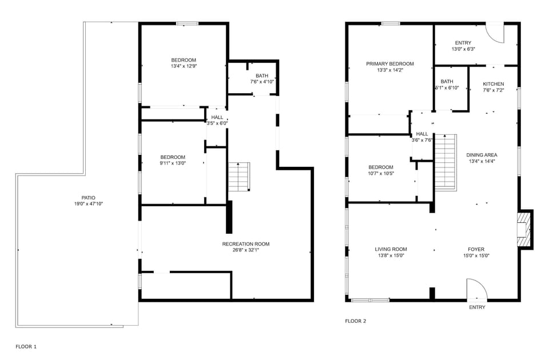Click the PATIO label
[89, 198]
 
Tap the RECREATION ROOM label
[246, 244]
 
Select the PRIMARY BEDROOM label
[389, 63]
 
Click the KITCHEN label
[494, 84]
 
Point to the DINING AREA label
[482, 155]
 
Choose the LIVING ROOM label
[391, 250]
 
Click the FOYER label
[476, 250]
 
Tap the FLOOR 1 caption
[26, 347]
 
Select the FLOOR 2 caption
[355, 321]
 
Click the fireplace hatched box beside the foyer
[524, 230]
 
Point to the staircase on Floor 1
[239, 177]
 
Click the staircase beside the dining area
[445, 162]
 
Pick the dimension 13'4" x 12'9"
[184, 66]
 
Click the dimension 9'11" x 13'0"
[173, 163]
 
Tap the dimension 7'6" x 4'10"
[262, 82]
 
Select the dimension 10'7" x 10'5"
[381, 173]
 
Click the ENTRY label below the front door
[477, 307]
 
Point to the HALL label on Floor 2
[422, 134]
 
